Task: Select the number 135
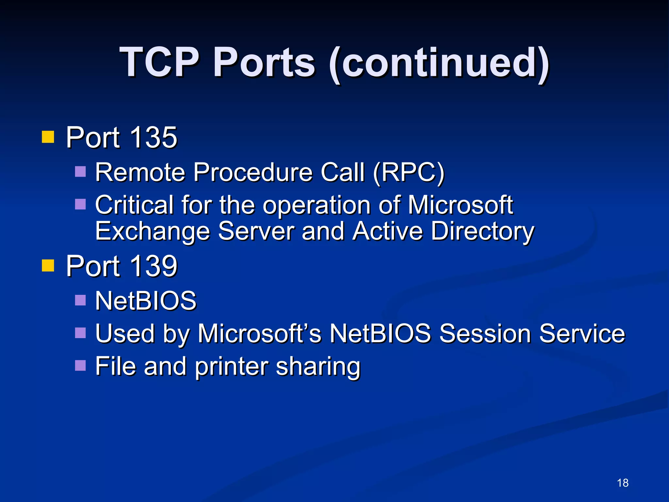tap(153, 137)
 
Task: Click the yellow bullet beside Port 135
tap(48, 137)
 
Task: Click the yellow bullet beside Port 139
tap(48, 266)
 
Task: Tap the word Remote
tap(140, 172)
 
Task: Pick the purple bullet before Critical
tap(80, 204)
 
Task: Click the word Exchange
tap(152, 231)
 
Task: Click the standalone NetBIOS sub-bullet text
tap(146, 301)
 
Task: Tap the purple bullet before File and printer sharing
tap(80, 365)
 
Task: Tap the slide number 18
tap(623, 483)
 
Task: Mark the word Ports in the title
tap(264, 62)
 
